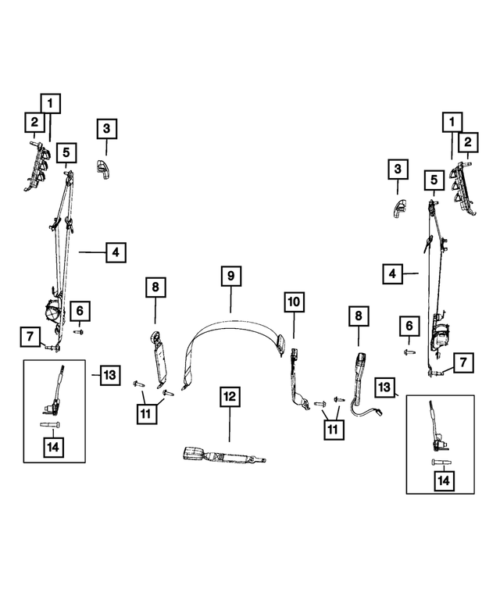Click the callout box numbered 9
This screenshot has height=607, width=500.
231,276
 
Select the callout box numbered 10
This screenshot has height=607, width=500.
294,302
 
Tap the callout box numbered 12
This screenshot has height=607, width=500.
230,396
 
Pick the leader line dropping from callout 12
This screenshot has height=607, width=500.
230,424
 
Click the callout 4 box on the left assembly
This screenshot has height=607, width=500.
116,252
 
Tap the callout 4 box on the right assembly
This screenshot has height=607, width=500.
392,274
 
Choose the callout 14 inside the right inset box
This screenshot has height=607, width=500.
444,480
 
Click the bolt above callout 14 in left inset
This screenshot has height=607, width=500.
49,425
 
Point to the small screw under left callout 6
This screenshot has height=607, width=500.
79,332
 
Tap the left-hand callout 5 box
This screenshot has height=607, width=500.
66,152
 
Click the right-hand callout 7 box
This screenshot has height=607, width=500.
463,362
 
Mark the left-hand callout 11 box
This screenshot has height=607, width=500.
147,414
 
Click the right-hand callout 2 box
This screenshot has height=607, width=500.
468,142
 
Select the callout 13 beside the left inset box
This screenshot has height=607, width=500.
110,375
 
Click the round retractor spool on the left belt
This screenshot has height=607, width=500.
52,311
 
